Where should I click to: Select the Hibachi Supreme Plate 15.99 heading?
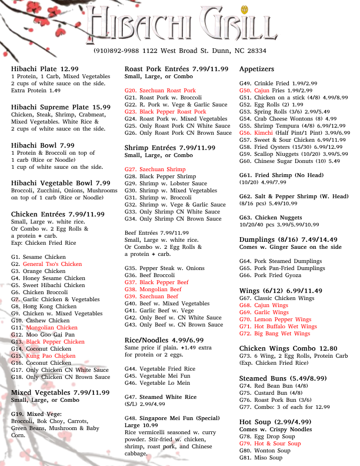[61, 107]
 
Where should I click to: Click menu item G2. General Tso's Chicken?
[46, 264]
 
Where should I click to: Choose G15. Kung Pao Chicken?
[43, 355]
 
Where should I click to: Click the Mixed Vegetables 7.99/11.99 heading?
[60, 392]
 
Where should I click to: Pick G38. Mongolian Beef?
[153, 289]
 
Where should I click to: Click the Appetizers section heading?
[257, 69]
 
